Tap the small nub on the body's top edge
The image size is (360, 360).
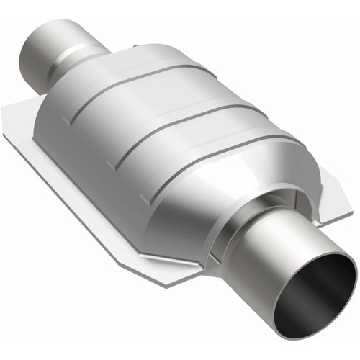pos(135,47)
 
